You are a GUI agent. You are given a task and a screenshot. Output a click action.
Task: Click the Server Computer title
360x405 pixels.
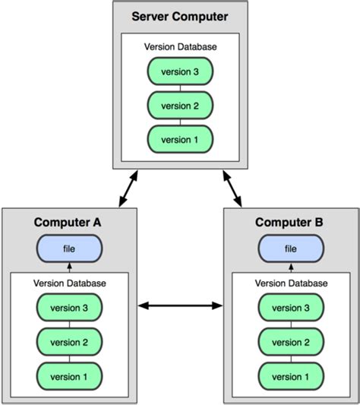click(x=180, y=17)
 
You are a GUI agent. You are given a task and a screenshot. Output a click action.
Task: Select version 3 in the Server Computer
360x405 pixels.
click(x=180, y=71)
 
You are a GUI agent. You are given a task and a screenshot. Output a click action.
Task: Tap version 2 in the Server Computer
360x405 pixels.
click(x=180, y=105)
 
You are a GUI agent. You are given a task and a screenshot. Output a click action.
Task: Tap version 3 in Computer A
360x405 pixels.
click(x=69, y=308)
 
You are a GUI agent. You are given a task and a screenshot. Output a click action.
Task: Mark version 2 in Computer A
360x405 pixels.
click(x=69, y=342)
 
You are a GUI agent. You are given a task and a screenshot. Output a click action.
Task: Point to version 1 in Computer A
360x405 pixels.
click(x=69, y=375)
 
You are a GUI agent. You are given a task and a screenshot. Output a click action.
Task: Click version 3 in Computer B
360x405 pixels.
click(x=291, y=308)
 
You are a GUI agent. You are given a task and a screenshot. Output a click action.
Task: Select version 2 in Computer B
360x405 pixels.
click(x=291, y=342)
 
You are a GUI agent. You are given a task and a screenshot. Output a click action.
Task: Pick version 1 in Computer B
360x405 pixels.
click(x=291, y=375)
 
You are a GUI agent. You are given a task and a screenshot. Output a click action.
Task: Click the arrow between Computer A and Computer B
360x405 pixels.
click(x=180, y=306)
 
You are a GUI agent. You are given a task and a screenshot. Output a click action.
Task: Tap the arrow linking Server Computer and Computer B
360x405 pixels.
click(x=232, y=188)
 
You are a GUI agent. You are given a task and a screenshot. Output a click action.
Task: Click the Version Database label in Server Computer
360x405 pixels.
click(x=180, y=47)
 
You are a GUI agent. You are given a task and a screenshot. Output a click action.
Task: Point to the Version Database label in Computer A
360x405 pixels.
click(x=69, y=283)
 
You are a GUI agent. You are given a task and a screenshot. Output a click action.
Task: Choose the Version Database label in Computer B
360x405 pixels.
click(x=291, y=283)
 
